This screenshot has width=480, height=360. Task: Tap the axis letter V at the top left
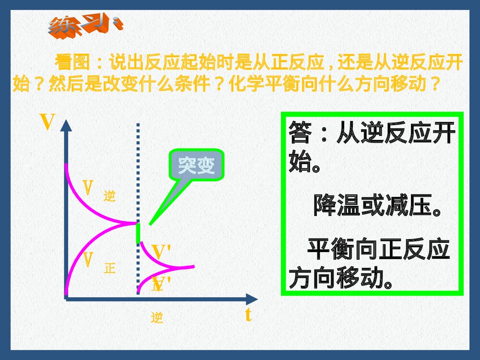[x=47, y=122]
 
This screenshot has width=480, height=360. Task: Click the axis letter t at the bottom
[x=248, y=315]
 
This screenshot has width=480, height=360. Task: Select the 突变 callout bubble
[x=196, y=166]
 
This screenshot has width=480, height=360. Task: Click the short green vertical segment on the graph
[x=138, y=232]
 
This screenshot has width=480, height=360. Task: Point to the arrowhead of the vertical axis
[x=66, y=125]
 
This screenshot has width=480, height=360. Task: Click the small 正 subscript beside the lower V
[x=110, y=268]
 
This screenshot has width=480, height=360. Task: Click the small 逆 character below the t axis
[x=157, y=317]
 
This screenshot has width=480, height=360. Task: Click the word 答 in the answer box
[x=300, y=133]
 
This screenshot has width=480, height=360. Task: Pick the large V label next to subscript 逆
[x=88, y=188]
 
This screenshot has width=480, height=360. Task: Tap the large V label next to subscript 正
[x=88, y=260]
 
